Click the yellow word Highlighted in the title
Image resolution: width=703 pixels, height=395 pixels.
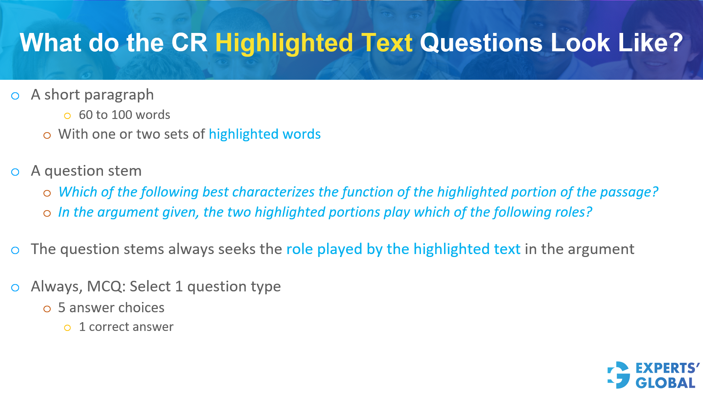[284, 43]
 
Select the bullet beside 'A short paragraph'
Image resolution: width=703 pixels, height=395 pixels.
[15, 96]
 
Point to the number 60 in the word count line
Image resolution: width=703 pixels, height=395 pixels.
[86, 115]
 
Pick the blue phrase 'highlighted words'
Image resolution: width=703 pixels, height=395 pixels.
[264, 134]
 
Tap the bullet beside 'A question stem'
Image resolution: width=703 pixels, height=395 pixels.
[15, 172]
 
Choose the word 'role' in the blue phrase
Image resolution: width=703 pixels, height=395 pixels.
[299, 249]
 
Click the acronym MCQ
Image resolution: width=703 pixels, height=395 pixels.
[106, 287]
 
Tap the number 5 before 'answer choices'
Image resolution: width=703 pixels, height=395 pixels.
[62, 308]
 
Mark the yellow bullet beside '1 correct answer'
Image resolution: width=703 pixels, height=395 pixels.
[67, 328]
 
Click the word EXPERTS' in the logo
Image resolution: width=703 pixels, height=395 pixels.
[667, 368]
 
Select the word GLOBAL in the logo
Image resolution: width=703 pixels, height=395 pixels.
[665, 383]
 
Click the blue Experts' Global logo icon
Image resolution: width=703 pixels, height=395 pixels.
[618, 375]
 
